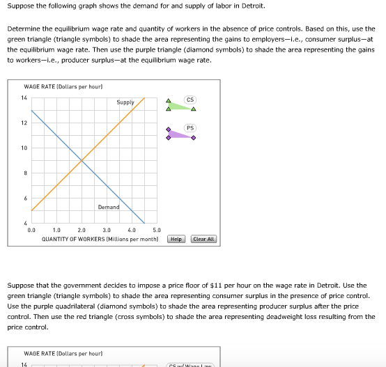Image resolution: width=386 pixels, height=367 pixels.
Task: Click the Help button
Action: tap(176, 239)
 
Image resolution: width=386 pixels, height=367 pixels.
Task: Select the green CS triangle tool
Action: tap(180, 105)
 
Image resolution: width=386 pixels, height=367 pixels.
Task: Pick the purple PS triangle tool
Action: tap(180, 133)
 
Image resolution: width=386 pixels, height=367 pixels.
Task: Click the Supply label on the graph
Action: tap(125, 102)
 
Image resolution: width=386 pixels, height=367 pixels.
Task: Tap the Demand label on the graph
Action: tap(108, 207)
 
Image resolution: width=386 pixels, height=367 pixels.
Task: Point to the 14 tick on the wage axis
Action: tap(24, 97)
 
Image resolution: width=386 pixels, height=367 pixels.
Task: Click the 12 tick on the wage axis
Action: tap(24, 123)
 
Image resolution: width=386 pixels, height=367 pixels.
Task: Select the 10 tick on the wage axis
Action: tap(24, 148)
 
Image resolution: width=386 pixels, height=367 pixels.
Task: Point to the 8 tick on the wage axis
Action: tap(24, 173)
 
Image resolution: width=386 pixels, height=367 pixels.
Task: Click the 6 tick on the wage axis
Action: tap(24, 198)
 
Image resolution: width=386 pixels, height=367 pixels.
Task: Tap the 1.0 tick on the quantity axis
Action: tap(56, 229)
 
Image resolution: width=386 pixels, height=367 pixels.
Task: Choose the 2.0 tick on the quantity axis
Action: tap(82, 229)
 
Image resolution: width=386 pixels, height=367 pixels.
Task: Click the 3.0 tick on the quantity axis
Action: tap(107, 229)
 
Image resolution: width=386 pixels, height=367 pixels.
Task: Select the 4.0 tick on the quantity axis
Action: tap(132, 229)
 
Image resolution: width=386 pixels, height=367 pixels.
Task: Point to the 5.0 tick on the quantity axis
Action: tap(156, 229)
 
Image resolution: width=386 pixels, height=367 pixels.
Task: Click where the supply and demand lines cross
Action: tap(82, 161)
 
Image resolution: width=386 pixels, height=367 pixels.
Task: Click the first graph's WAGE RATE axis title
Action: tap(63, 86)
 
